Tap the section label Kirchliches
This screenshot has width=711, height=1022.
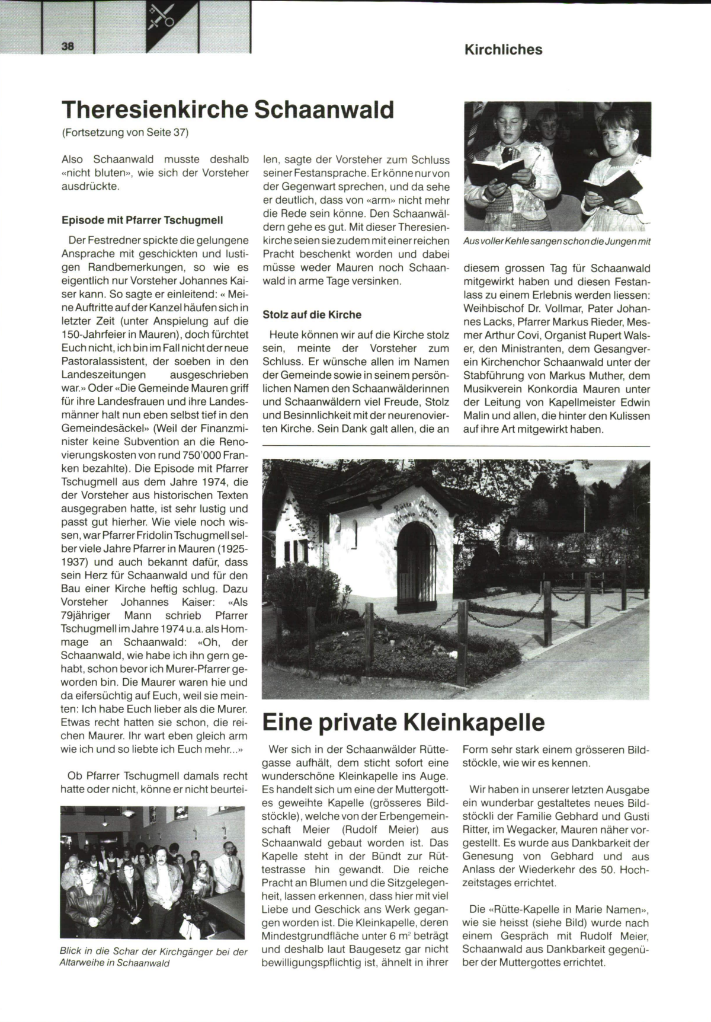(503, 50)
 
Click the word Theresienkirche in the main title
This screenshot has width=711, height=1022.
(155, 110)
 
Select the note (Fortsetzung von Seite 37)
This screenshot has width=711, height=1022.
(124, 132)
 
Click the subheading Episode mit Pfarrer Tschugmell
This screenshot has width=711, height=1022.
(142, 220)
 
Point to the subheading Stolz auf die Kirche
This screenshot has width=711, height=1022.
(312, 314)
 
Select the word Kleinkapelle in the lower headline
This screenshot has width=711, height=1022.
(473, 723)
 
